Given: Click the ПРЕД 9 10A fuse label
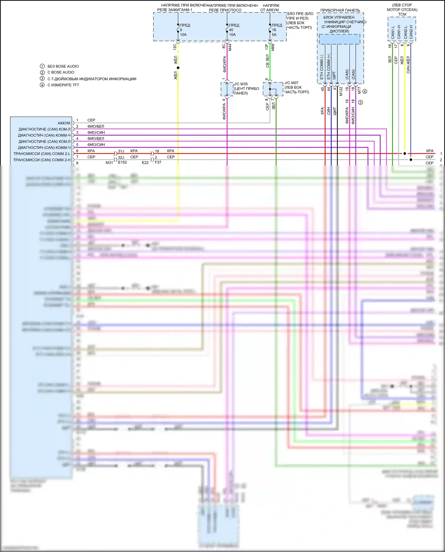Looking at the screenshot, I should pyautogui.click(x=185, y=30).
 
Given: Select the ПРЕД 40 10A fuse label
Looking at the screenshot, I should pyautogui.click(x=233, y=30).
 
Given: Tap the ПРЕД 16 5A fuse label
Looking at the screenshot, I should pyautogui.click(x=276, y=30).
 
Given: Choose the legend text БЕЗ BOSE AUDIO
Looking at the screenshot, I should pyautogui.click(x=63, y=66).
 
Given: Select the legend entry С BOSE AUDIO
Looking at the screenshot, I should pyautogui.click(x=61, y=72).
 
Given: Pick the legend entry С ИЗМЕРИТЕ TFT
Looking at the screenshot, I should pyautogui.click(x=63, y=85).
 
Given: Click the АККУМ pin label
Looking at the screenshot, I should pyautogui.click(x=64, y=123).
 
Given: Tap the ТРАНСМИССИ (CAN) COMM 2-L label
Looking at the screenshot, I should pyautogui.click(x=42, y=154).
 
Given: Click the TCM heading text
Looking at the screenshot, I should pyautogui.click(x=402, y=14).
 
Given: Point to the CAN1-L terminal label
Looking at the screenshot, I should pyautogui.click(x=393, y=32).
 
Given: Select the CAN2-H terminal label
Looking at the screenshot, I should pyautogui.click(x=411, y=32).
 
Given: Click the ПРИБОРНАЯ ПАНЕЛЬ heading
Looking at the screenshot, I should pyautogui.click(x=340, y=10).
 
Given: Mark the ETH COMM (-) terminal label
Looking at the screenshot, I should pyautogui.click(x=322, y=67).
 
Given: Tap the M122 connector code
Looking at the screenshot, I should pyautogui.click(x=341, y=91).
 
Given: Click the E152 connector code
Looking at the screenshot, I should pyautogui.click(x=122, y=163).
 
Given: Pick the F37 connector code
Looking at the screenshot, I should pyautogui.click(x=158, y=163).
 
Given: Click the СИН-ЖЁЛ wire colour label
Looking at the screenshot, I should pyautogui.click(x=408, y=64).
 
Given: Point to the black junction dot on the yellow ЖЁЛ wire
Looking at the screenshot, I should pyautogui.click(x=178, y=68).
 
